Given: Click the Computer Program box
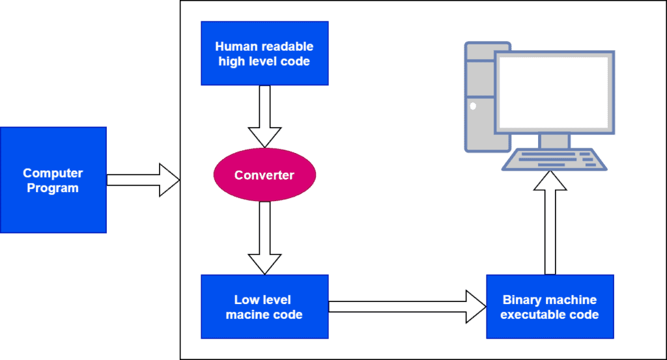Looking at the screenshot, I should click(53, 180).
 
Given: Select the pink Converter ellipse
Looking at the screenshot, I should click(264, 175).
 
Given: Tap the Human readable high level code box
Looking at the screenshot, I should click(264, 54).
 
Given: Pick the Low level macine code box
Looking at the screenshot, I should click(264, 307).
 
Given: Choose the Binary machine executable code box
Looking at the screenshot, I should click(550, 307).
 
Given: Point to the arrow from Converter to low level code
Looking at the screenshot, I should click(264, 238).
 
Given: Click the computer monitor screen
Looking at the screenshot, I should click(553, 92).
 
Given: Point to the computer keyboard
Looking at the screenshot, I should click(553, 159).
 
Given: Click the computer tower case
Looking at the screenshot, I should click(479, 98).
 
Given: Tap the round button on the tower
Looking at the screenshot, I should click(473, 105).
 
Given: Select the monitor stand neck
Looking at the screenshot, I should click(554, 141).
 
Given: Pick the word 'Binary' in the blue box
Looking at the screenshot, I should click(521, 300).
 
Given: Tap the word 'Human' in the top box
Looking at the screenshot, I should click(233, 47).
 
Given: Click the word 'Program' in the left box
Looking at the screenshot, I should click(53, 188).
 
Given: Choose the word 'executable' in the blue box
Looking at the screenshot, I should click(533, 314).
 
